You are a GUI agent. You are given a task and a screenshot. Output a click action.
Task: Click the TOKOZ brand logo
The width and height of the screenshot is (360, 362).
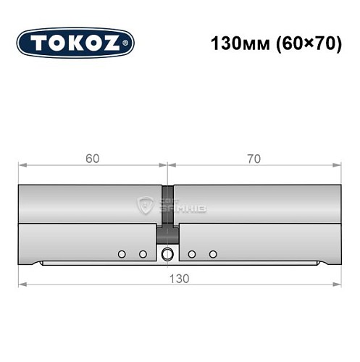click(x=75, y=43)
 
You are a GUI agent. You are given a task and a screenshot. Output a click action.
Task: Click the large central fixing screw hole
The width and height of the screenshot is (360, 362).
click(x=168, y=253)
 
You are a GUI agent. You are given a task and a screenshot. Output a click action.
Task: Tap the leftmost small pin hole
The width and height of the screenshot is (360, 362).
click(x=122, y=253)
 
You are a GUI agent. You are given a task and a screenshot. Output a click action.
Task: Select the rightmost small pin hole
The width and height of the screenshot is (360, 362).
click(x=213, y=253)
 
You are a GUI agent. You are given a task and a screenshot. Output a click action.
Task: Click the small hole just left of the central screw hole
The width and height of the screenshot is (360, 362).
click(x=143, y=253)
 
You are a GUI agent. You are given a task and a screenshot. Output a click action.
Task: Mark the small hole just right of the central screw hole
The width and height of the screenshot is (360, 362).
click(x=192, y=253)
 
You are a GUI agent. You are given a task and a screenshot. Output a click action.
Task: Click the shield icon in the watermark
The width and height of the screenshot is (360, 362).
click(x=145, y=206)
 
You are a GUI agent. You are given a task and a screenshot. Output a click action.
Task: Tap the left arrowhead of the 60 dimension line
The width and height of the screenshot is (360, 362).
click(x=21, y=167)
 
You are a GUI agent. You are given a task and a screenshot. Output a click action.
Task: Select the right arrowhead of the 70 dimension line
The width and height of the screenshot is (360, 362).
click(x=339, y=167)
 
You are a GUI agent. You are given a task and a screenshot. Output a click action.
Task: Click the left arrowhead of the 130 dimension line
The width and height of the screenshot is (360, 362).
click(x=21, y=285)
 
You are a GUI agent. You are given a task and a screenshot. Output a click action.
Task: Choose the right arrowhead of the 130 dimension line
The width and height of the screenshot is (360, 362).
click(x=339, y=285)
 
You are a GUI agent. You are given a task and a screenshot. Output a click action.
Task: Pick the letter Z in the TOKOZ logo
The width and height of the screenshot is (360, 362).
click(x=114, y=43)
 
